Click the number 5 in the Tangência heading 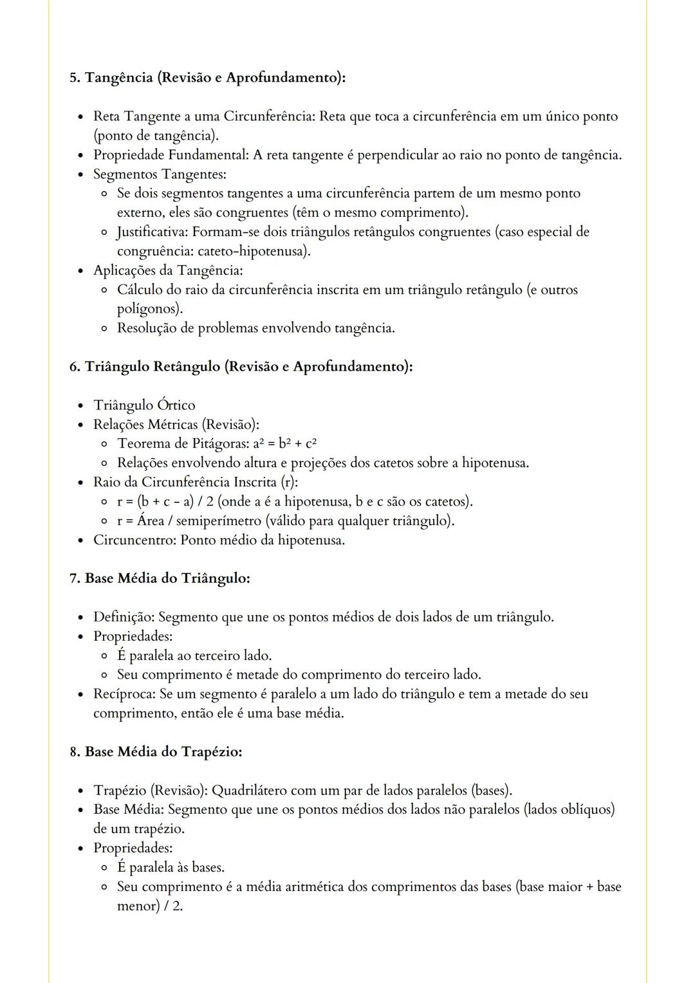(x=73, y=78)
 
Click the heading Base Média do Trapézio (x=163, y=752)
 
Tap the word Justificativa (x=152, y=232)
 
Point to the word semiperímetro (x=219, y=521)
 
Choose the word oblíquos (x=586, y=810)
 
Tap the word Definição (x=124, y=618)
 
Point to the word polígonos (x=149, y=309)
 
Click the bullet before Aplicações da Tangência (x=80, y=271)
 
